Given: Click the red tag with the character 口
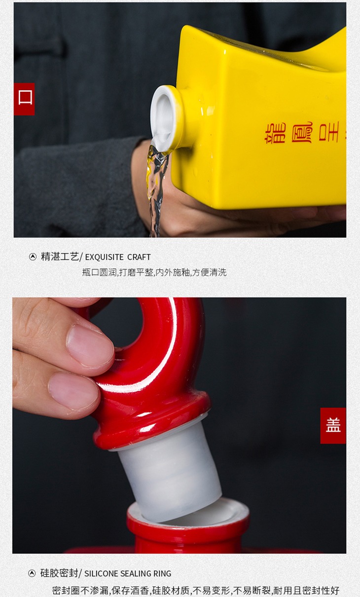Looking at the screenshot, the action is pyautogui.click(x=24, y=99).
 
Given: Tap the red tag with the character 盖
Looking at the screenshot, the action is pyautogui.click(x=333, y=426).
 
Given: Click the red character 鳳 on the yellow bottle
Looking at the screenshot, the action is pyautogui.click(x=302, y=132).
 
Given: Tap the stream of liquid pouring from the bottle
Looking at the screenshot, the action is pyautogui.click(x=156, y=189).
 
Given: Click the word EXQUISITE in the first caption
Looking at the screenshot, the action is pyautogui.click(x=104, y=257).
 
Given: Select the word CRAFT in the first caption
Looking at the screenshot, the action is pyautogui.click(x=139, y=257).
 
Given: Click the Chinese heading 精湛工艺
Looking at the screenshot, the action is pyautogui.click(x=60, y=257).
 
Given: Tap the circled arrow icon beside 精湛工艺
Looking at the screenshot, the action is pyautogui.click(x=33, y=257).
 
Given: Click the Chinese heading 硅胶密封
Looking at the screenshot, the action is pyautogui.click(x=59, y=572).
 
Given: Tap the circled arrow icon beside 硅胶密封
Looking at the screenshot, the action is pyautogui.click(x=32, y=573).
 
